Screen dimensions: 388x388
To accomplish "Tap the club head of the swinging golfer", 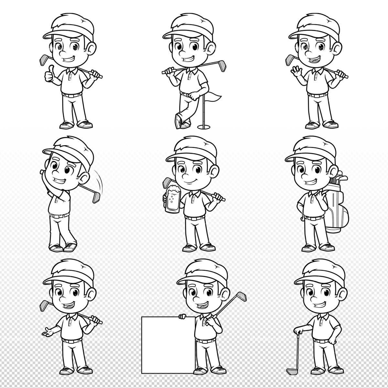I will (97, 197).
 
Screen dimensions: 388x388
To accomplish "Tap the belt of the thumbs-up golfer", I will (72, 95).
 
